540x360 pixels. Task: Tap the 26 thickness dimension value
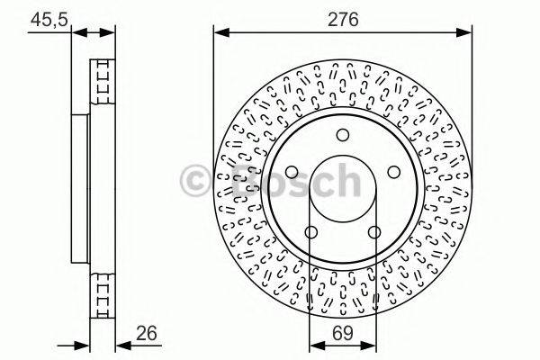[x=147, y=333]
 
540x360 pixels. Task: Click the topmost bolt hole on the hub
[x=342, y=135]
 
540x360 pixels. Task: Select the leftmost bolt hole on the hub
[x=291, y=174]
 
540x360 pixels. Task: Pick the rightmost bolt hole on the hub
[x=393, y=174]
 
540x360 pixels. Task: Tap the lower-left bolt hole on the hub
[x=310, y=233]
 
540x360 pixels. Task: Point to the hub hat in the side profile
[x=79, y=187]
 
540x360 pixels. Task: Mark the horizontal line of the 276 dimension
[x=342, y=31]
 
